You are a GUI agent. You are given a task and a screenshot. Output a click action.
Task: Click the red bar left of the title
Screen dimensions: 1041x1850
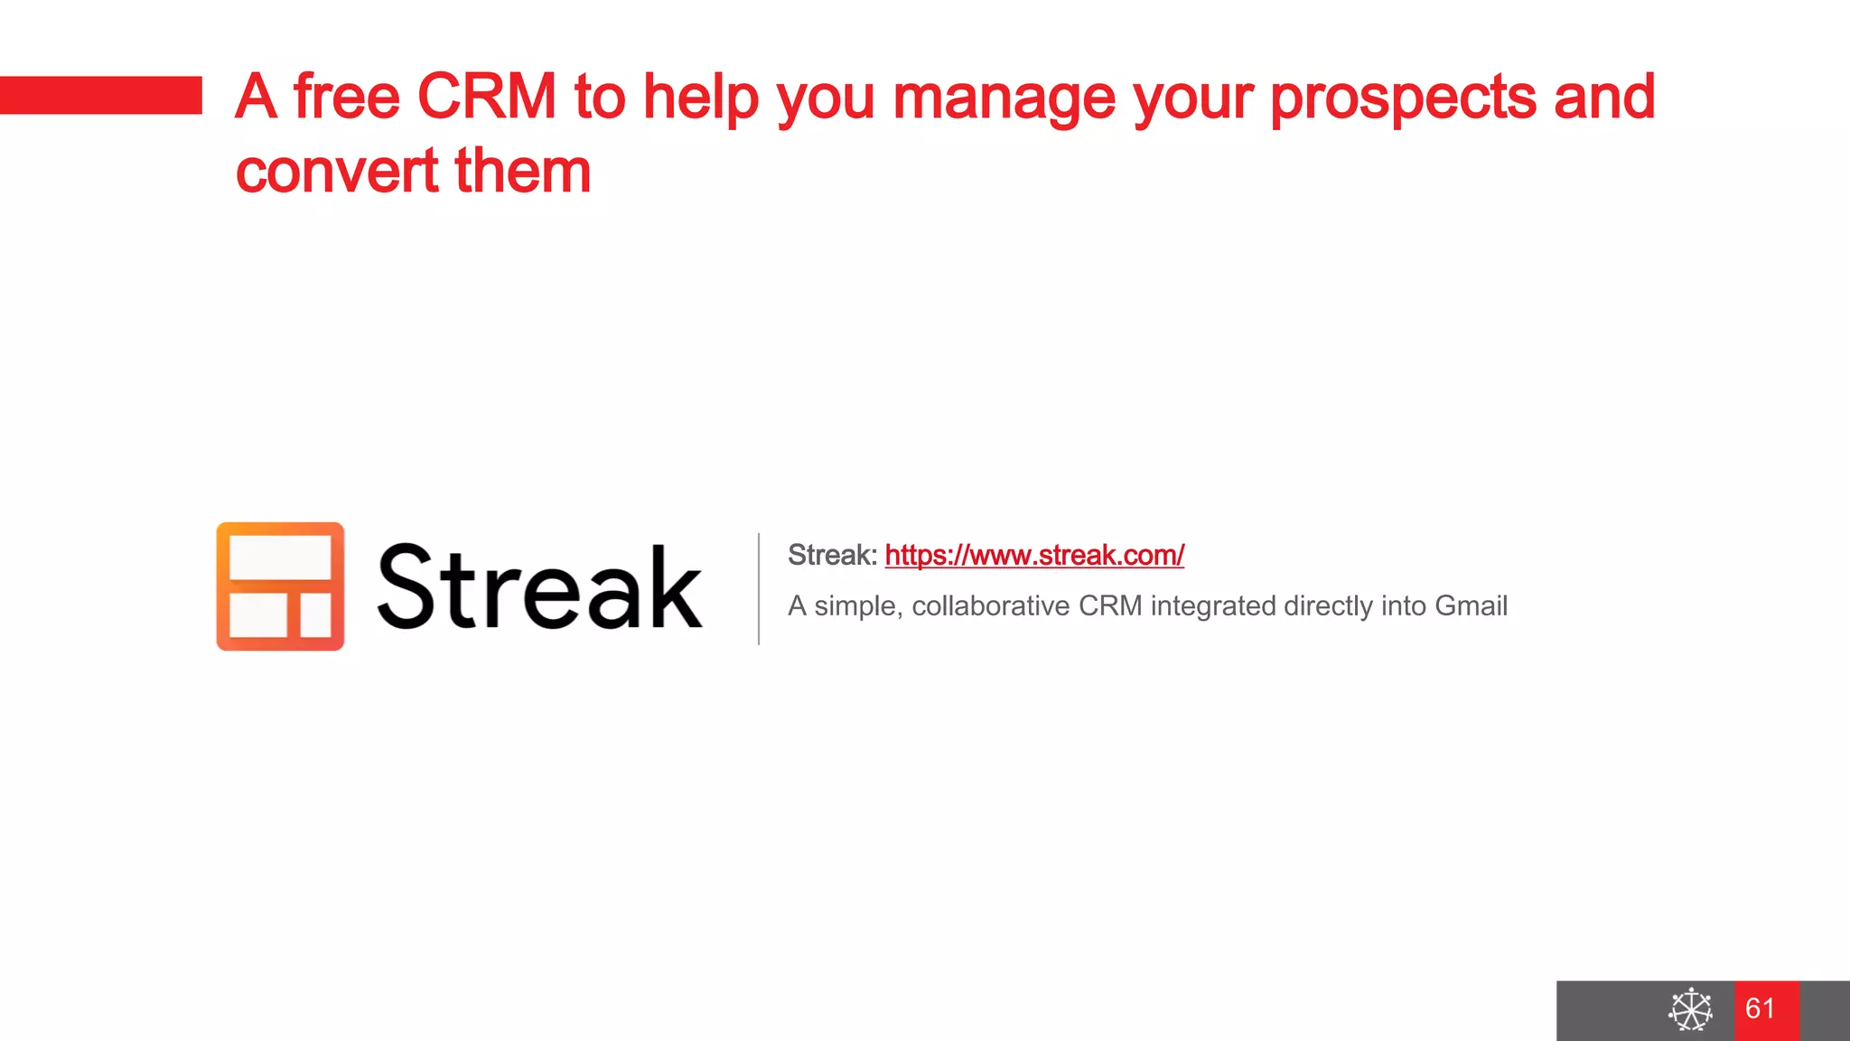point(100,95)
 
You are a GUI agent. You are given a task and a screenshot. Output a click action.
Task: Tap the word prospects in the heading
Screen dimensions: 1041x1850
point(1402,97)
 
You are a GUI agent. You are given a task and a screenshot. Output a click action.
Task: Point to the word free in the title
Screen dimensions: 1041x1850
point(346,97)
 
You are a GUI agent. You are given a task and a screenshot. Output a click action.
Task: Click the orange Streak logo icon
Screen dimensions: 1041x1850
point(280,586)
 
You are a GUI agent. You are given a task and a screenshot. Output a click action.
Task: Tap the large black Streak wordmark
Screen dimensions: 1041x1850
point(539,587)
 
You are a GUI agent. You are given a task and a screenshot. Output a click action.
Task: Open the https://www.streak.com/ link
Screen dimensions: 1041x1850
point(1034,555)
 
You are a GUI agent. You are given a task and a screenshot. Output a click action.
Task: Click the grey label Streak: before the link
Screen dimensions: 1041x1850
point(832,555)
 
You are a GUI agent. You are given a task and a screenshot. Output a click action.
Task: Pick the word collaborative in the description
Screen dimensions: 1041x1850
point(990,605)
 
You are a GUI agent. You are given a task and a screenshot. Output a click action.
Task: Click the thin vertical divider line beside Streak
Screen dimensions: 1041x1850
point(759,588)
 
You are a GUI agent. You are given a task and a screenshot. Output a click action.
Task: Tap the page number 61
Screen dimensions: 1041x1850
point(1761,1008)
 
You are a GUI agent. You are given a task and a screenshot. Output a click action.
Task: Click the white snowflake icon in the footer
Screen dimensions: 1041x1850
point(1690,1009)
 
